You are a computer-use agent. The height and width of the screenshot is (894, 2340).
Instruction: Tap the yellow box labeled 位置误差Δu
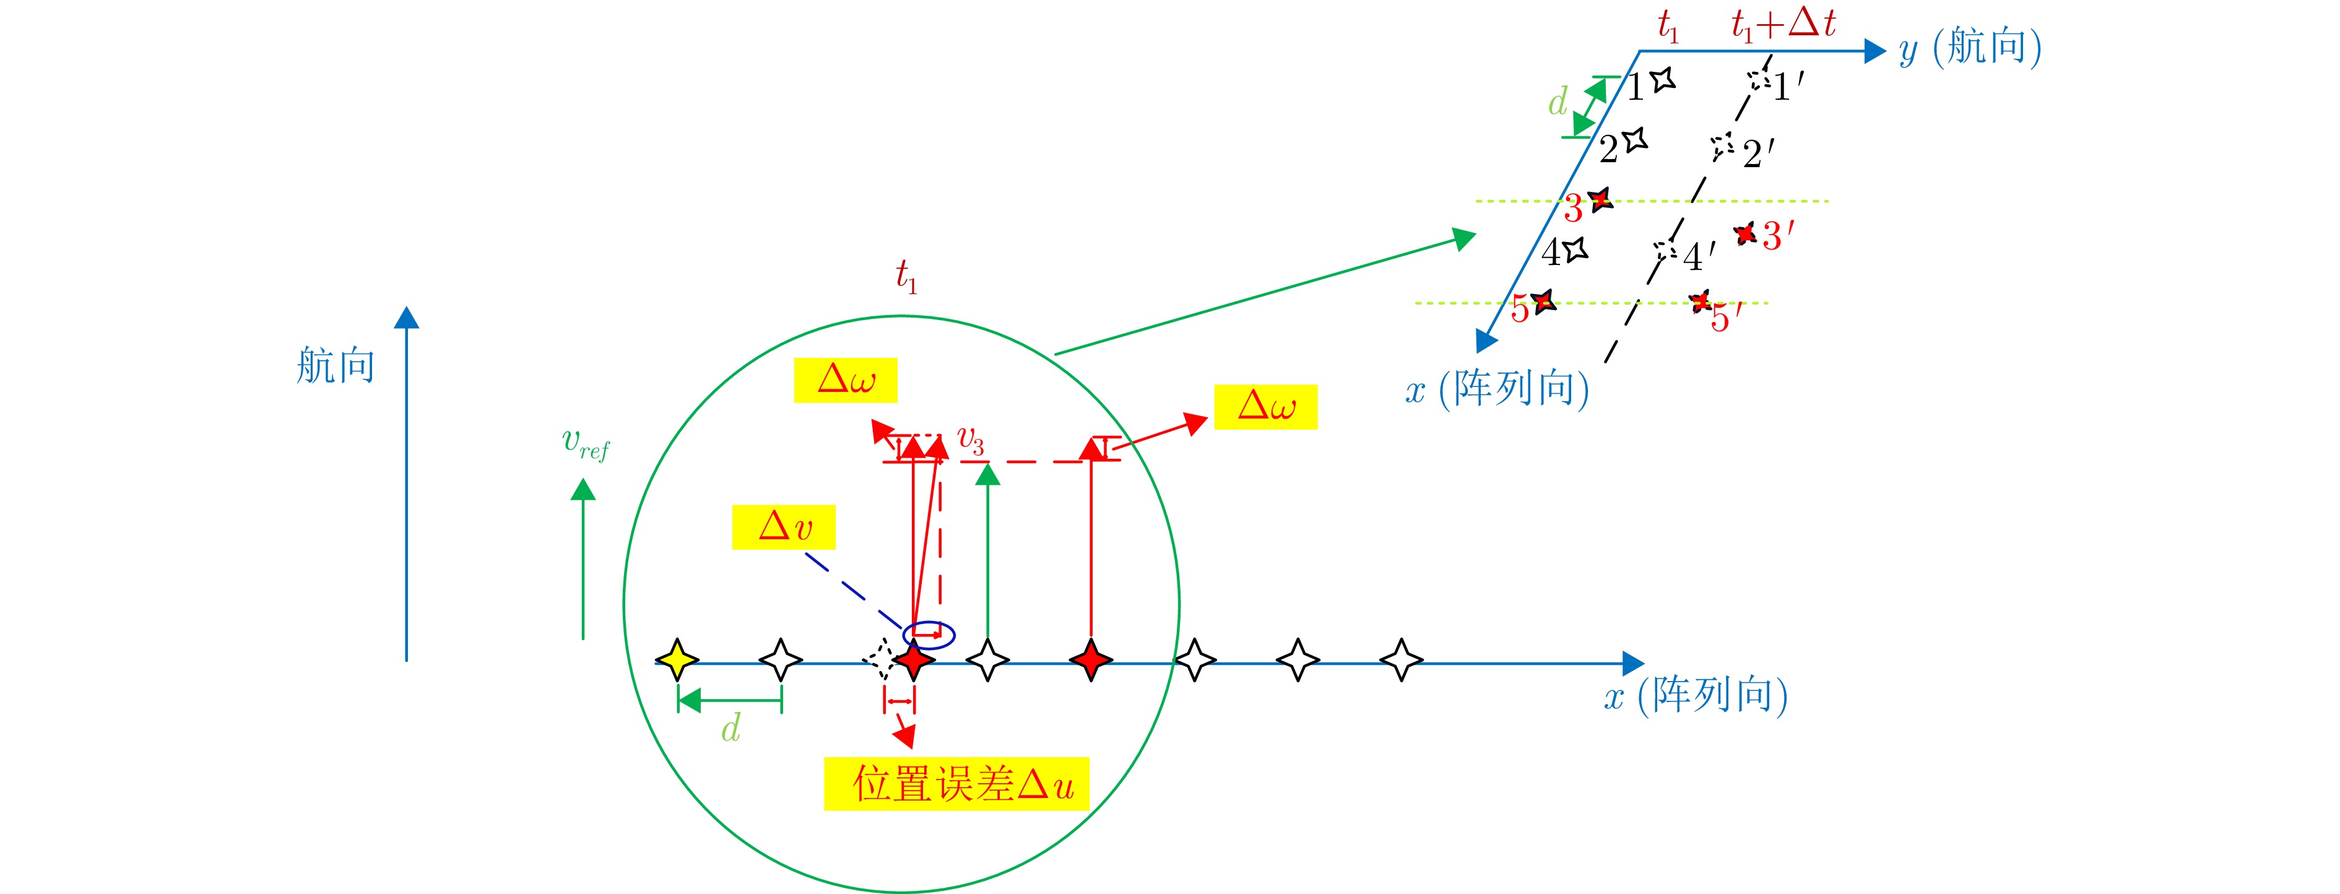[956, 783]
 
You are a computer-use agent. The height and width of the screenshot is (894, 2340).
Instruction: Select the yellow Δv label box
[784, 527]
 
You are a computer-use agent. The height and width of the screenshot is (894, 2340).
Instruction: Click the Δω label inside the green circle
[846, 380]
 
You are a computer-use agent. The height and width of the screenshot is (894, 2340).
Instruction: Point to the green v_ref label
[586, 443]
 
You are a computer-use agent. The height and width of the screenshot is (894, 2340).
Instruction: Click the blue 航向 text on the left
[335, 365]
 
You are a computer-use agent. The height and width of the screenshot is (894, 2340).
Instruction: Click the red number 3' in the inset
[1778, 237]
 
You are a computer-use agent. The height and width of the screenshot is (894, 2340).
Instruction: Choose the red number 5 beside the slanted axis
[1520, 310]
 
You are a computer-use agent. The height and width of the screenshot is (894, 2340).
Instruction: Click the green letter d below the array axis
[731, 727]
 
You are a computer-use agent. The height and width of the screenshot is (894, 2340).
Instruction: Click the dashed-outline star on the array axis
[879, 661]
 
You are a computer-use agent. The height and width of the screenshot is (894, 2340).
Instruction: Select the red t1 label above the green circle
[906, 276]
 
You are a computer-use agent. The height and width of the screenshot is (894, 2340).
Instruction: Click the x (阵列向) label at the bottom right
[1696, 695]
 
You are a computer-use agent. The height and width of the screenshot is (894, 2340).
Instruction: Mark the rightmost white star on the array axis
[1402, 661]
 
